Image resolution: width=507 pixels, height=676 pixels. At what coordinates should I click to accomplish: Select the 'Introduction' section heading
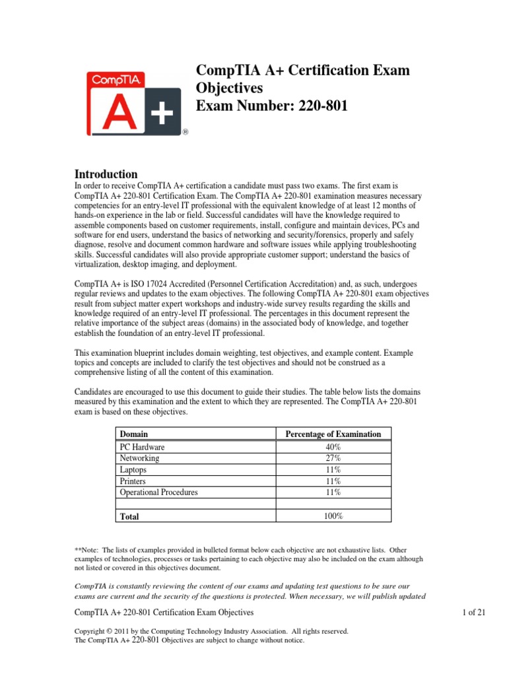coord(106,174)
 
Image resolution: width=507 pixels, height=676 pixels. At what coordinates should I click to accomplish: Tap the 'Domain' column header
coord(133,434)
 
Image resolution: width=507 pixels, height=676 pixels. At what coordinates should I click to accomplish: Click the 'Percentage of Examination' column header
coord(333,434)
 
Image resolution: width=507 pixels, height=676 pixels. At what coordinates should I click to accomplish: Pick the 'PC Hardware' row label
coord(142,448)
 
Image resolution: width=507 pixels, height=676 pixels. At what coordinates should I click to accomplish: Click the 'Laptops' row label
coord(133,471)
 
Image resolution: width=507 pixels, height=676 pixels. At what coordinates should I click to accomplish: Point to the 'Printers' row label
coord(133,482)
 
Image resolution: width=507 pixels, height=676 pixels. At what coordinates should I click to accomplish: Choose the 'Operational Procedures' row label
coord(158,492)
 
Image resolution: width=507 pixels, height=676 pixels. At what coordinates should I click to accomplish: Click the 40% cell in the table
coord(333,448)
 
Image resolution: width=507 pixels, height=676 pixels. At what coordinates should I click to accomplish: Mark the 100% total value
coord(333,516)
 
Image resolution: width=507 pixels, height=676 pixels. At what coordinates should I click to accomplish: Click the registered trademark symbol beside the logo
coord(186,132)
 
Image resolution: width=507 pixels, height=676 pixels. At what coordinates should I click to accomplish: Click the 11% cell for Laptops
coord(333,471)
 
